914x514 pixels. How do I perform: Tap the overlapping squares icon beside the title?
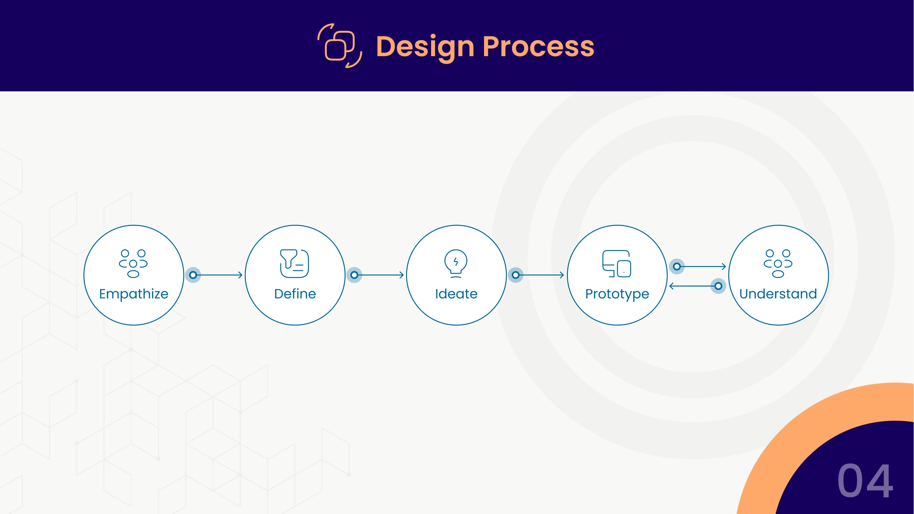click(340, 46)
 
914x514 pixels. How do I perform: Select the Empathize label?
click(134, 294)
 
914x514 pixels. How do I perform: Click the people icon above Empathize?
click(133, 263)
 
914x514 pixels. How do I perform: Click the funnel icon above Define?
click(294, 263)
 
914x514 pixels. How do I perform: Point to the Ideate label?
click(456, 294)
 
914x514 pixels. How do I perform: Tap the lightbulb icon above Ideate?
click(456, 263)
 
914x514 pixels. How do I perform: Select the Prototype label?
click(617, 294)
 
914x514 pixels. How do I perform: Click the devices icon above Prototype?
click(617, 263)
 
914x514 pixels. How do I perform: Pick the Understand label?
click(778, 293)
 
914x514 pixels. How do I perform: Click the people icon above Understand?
click(778, 263)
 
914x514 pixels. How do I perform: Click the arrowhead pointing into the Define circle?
click(240, 275)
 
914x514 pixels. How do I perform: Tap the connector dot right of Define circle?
click(354, 275)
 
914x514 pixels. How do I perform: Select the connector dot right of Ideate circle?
click(516, 275)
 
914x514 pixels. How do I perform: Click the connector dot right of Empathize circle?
click(193, 275)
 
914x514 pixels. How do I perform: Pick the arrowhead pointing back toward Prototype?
click(671, 286)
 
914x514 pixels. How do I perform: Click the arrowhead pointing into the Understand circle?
click(724, 267)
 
